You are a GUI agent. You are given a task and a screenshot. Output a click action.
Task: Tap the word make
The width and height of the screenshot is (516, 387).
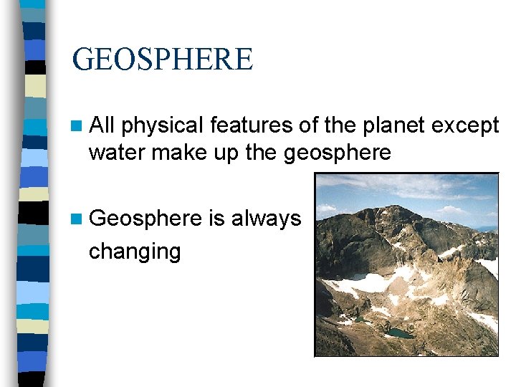point(174,153)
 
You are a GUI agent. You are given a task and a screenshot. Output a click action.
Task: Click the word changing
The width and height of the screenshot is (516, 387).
point(134,252)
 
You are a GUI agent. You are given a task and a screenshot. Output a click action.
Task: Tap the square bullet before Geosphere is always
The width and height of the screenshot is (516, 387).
point(77,219)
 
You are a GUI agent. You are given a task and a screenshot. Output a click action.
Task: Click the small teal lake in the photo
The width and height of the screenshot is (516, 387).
point(398,333)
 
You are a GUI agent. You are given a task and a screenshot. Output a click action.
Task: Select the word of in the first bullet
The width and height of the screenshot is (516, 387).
point(301,126)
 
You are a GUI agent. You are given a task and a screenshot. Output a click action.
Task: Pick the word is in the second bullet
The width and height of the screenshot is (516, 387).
point(216,218)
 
